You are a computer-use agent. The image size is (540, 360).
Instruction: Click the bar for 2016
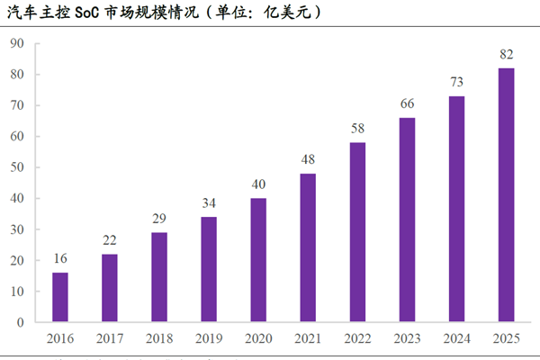click(x=60, y=297)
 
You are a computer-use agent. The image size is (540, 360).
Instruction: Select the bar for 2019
click(x=209, y=269)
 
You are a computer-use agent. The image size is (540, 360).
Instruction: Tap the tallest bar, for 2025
click(x=507, y=195)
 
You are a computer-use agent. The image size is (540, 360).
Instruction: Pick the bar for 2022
click(x=358, y=232)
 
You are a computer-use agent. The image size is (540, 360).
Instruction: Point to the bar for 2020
click(x=258, y=260)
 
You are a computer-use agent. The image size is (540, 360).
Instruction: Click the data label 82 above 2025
click(x=507, y=55)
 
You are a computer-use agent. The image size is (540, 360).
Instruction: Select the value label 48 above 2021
click(x=308, y=160)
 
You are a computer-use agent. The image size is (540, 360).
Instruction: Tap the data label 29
click(x=159, y=220)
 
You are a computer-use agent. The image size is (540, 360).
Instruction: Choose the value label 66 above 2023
click(x=408, y=104)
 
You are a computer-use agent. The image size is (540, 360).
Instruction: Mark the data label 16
click(x=60, y=259)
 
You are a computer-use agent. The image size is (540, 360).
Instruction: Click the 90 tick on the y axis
click(x=17, y=44)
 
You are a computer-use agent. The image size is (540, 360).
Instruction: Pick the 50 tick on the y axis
click(x=17, y=167)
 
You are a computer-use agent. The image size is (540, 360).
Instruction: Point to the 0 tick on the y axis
click(x=20, y=322)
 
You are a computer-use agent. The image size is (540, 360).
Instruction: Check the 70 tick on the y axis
click(x=17, y=106)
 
